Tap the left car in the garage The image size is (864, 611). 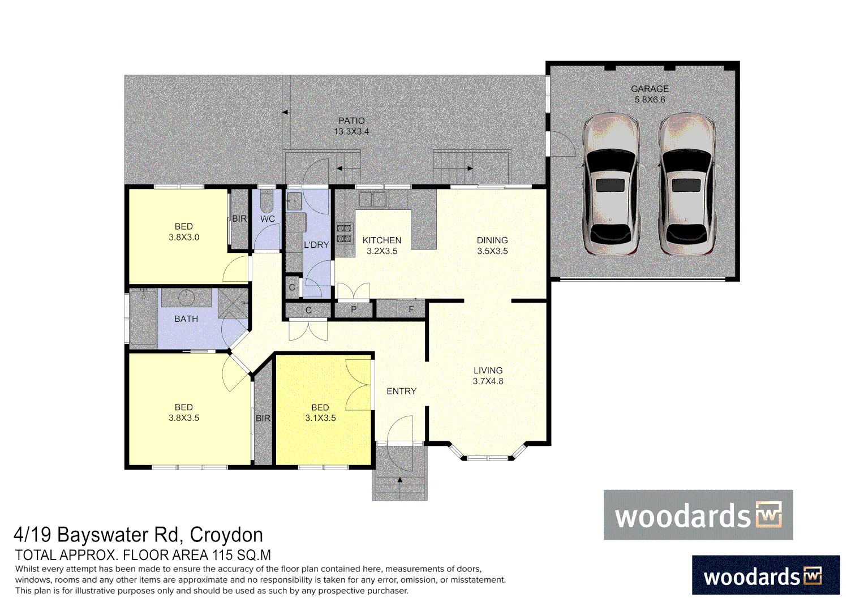611,184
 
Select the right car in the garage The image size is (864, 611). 686,184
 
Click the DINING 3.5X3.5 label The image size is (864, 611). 492,246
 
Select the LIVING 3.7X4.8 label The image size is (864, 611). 488,376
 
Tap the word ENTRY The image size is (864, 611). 401,391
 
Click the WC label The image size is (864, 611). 268,219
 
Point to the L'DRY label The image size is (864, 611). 316,245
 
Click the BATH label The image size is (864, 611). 186,319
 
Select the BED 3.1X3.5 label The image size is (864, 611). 320,413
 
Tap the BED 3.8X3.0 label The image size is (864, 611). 184,232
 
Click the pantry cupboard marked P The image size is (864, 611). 354,309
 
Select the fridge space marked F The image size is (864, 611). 411,309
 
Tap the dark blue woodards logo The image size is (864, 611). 766,575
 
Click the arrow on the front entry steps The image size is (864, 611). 400,480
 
